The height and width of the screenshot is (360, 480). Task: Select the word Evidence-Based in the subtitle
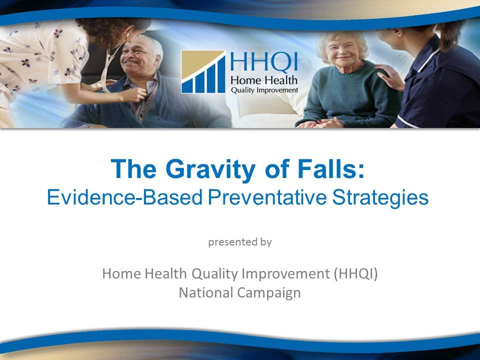click(x=122, y=197)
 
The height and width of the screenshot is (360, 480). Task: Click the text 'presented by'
click(x=239, y=242)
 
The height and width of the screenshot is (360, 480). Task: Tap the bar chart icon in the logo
click(x=203, y=72)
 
